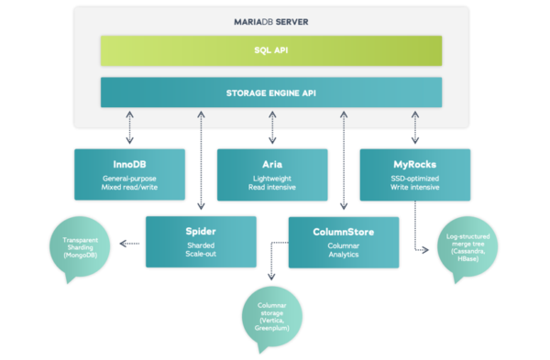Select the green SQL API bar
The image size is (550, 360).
point(271,50)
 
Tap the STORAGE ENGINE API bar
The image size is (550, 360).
point(271,92)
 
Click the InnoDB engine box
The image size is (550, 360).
point(129,174)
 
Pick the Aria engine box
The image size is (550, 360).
point(272,174)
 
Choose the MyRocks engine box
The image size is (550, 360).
point(415,174)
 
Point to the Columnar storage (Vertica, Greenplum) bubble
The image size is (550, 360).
point(270,319)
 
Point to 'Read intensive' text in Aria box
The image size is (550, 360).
point(272,186)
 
